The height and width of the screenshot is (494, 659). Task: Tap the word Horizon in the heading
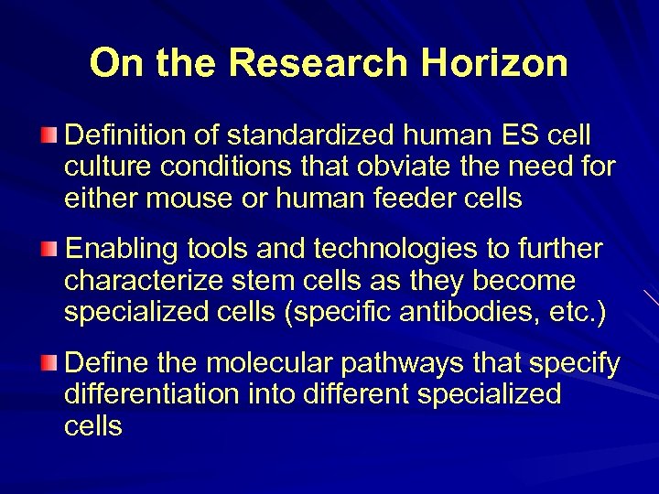click(495, 63)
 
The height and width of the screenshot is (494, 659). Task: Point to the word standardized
click(311, 136)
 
